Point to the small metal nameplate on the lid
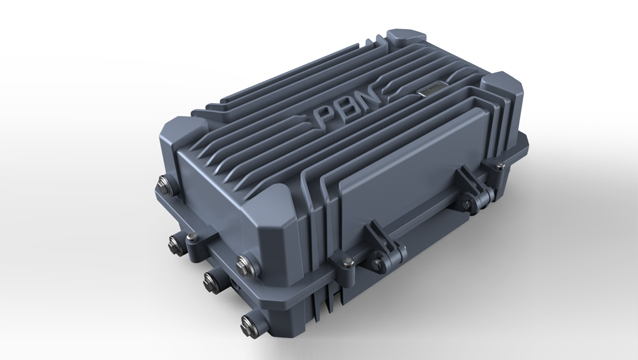[432, 88]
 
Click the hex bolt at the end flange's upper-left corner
[164, 183]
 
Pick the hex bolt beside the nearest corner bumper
[245, 265]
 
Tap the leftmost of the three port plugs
[177, 244]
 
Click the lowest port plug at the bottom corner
[249, 324]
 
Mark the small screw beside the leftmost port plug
[191, 237]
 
